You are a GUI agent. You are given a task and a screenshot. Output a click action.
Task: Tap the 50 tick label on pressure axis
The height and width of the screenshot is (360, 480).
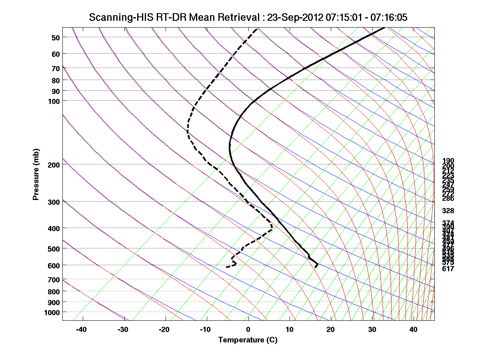click(x=56, y=38)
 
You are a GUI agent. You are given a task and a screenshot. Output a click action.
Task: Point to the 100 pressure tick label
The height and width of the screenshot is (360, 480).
click(x=54, y=101)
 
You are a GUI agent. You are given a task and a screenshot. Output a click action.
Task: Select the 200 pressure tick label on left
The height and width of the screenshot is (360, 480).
click(x=54, y=164)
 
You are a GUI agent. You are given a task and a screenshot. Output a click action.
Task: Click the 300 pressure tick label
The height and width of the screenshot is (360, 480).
click(x=54, y=202)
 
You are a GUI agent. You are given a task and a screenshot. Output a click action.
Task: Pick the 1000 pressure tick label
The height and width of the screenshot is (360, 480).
click(x=52, y=312)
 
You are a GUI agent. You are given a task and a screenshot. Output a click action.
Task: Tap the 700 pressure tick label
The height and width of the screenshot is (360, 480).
click(x=54, y=280)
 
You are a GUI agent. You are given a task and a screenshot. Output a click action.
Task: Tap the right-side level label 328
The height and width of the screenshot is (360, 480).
click(x=448, y=210)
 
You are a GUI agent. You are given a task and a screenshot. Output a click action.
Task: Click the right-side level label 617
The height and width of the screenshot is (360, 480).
click(x=448, y=269)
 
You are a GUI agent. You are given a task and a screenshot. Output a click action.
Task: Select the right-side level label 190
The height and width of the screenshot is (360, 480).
click(x=448, y=161)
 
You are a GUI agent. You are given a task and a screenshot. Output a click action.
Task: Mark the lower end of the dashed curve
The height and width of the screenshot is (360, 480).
click(x=227, y=267)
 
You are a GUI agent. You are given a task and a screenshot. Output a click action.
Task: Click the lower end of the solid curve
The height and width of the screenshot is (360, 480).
click(x=316, y=266)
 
